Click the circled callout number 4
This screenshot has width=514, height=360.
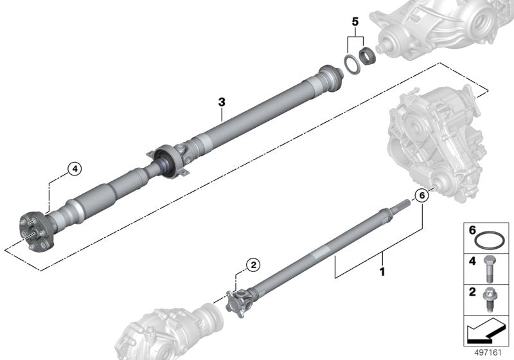click(75, 169)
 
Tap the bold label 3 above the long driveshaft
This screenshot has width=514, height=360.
click(222, 102)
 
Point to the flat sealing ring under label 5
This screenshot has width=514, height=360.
click(351, 64)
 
